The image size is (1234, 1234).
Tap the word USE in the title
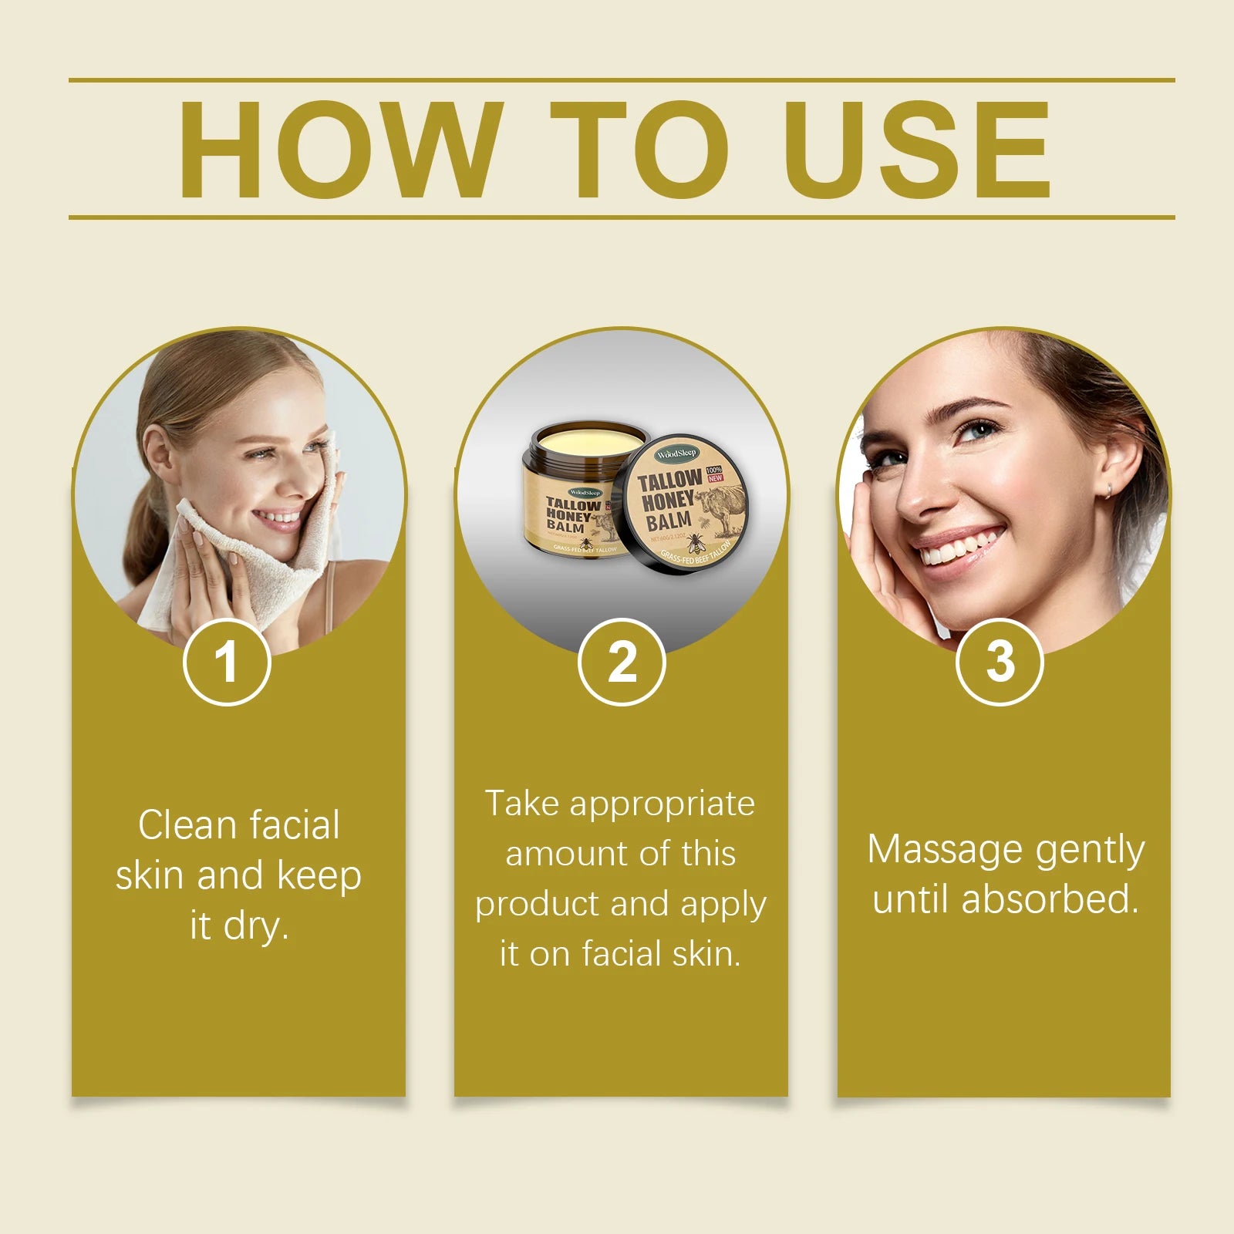point(918,150)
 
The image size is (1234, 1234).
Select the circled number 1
point(227,662)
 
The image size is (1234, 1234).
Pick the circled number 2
point(622,662)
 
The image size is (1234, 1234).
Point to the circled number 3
point(1000,662)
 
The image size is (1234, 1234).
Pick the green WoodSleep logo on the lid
point(676,453)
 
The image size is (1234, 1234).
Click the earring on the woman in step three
point(1109,491)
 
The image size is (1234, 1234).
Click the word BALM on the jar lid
point(668,523)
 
